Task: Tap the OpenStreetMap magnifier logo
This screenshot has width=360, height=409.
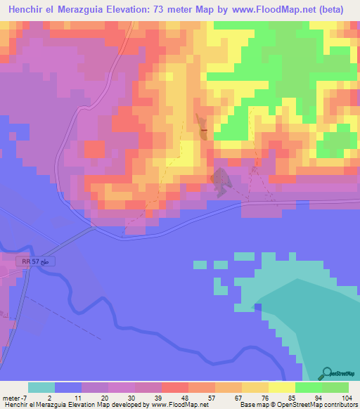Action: coord(326,372)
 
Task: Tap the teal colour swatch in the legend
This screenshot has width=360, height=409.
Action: coord(41,387)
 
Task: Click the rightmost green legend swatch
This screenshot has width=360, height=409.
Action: coord(335,387)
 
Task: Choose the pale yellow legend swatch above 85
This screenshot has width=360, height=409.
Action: coord(282,387)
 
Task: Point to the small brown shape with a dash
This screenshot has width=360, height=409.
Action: coord(202,128)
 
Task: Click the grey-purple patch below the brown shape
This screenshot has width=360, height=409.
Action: coord(221,181)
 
